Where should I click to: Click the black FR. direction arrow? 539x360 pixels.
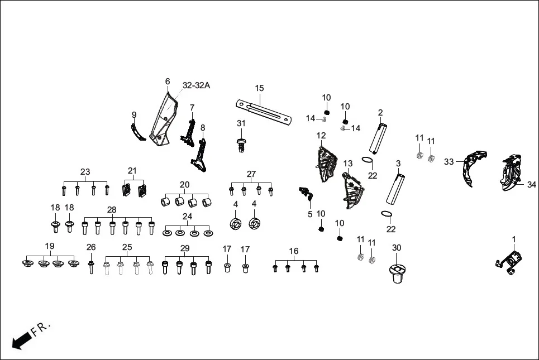point(21,339)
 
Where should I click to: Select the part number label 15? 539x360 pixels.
point(259,88)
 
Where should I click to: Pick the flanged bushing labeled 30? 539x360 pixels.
point(397,273)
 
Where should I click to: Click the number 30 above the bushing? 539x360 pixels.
point(396,247)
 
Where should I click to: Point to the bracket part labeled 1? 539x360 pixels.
point(512,261)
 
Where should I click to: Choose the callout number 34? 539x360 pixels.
point(531,184)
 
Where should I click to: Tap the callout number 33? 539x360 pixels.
point(449,162)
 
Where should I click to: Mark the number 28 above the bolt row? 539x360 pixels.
point(112,209)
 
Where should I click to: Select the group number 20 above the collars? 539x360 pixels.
point(184,185)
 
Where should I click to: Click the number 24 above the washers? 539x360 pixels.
point(187,217)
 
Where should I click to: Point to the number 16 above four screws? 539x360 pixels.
point(294,252)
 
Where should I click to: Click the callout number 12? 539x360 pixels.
point(321,136)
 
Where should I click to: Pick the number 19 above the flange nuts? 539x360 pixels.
point(50,246)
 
